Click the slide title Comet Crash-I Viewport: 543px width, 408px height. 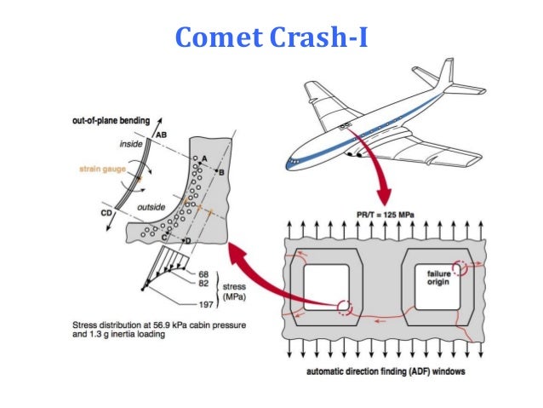[271, 37]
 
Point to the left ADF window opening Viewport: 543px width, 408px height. [327, 287]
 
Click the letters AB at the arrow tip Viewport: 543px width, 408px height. [160, 134]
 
